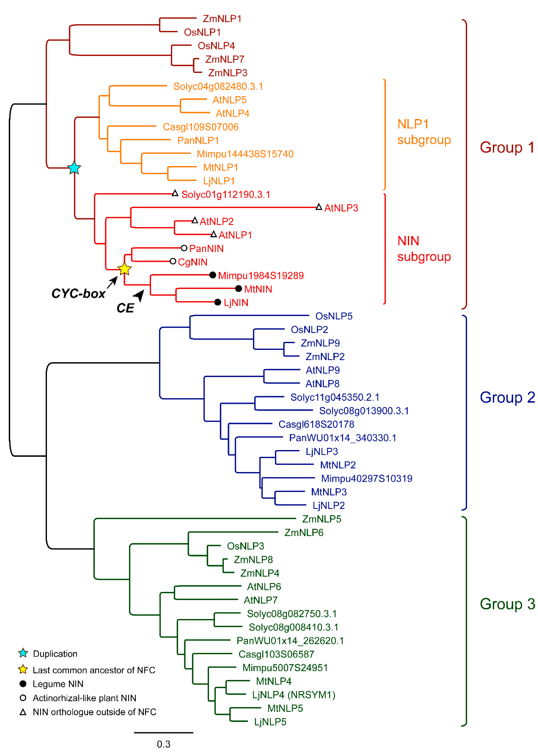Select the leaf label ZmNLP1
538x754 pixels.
222,19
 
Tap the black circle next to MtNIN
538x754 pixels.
238,289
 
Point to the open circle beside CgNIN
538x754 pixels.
173,261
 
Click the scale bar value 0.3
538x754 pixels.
164,744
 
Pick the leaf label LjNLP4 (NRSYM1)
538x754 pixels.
294,695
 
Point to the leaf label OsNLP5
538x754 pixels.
334,316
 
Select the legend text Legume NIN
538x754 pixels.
58,684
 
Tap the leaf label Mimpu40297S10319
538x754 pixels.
367,478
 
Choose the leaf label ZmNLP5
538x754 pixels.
321,519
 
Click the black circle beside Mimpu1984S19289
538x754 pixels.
213,275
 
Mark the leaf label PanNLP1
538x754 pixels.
198,140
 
